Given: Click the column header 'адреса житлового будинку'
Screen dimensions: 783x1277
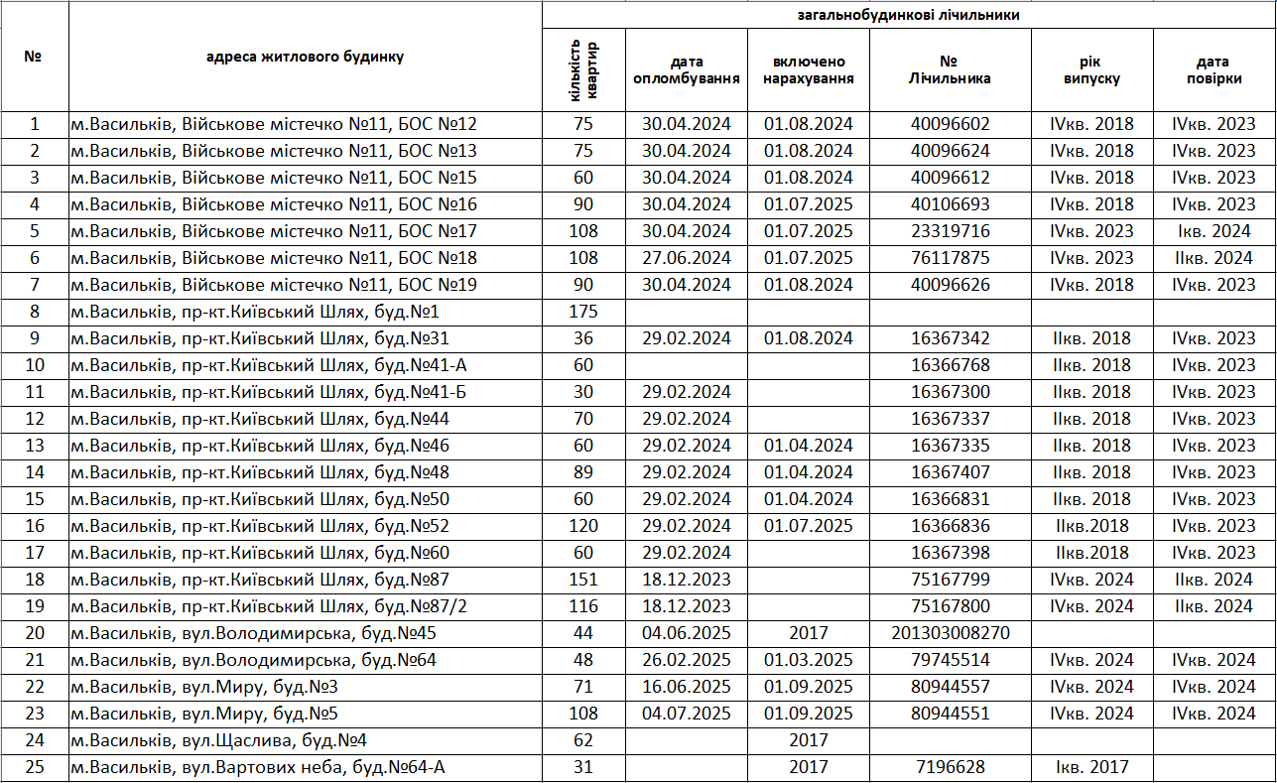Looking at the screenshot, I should pyautogui.click(x=305, y=57).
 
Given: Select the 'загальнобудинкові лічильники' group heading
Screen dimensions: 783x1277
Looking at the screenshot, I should pyautogui.click(x=908, y=15).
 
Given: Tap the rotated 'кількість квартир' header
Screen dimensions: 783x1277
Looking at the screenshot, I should pyautogui.click(x=584, y=69).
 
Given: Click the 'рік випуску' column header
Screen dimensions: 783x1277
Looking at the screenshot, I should pyautogui.click(x=1091, y=69).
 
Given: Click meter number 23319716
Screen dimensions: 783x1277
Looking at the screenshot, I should pyautogui.click(x=950, y=231).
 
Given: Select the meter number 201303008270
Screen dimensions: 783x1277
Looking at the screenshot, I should pyautogui.click(x=950, y=633).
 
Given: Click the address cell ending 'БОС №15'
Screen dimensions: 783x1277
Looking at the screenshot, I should pyautogui.click(x=274, y=178).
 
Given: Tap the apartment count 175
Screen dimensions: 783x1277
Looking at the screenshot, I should pyautogui.click(x=583, y=312).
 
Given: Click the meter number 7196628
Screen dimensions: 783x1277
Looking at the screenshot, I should pyautogui.click(x=950, y=766).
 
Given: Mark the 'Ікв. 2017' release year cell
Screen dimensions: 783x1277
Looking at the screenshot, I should pyautogui.click(x=1091, y=766).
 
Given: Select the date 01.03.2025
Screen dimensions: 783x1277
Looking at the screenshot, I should pyautogui.click(x=808, y=660).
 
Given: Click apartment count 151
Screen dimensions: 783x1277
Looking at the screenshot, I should pyautogui.click(x=583, y=580).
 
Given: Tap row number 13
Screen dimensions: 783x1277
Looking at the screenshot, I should pyautogui.click(x=35, y=446).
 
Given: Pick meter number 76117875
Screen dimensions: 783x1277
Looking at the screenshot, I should pyautogui.click(x=950, y=258).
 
